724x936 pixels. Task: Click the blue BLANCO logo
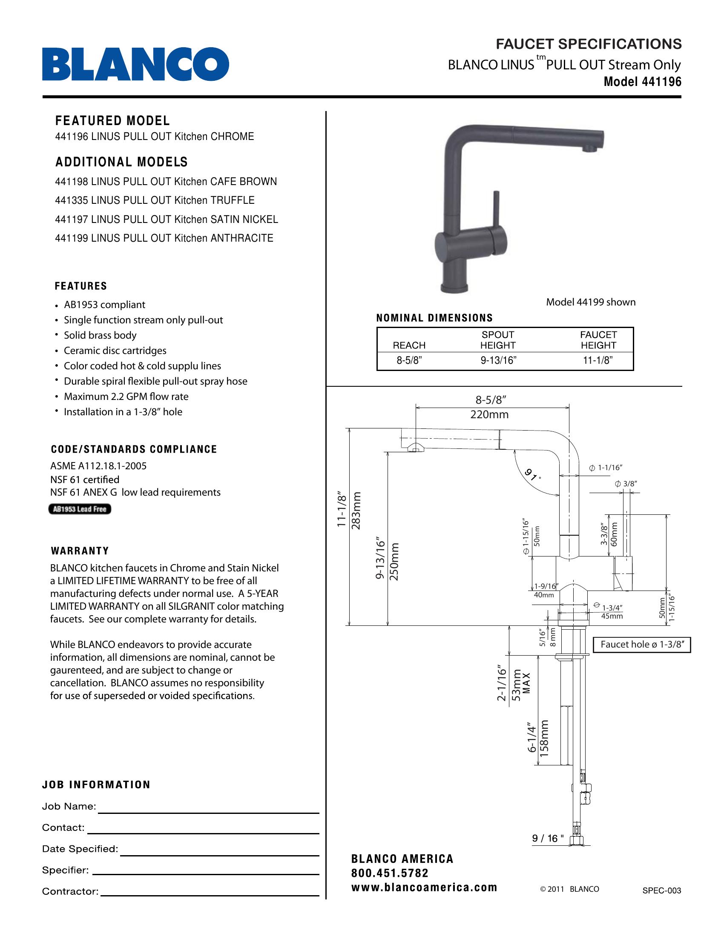[135, 64]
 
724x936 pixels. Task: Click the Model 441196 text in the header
[642, 82]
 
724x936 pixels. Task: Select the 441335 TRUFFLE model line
[155, 200]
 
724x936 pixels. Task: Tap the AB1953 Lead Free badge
[80, 509]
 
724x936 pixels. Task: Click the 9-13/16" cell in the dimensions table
[498, 360]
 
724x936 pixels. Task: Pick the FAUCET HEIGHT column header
[598, 340]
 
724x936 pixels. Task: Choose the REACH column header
[409, 345]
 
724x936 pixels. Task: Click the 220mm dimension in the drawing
[489, 414]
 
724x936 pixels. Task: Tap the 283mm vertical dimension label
[356, 511]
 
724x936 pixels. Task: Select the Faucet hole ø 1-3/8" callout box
[641, 645]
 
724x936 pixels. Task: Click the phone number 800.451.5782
[390, 873]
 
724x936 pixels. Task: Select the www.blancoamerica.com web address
[424, 887]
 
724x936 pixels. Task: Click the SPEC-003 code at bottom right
[661, 890]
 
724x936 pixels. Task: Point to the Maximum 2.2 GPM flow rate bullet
[126, 397]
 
